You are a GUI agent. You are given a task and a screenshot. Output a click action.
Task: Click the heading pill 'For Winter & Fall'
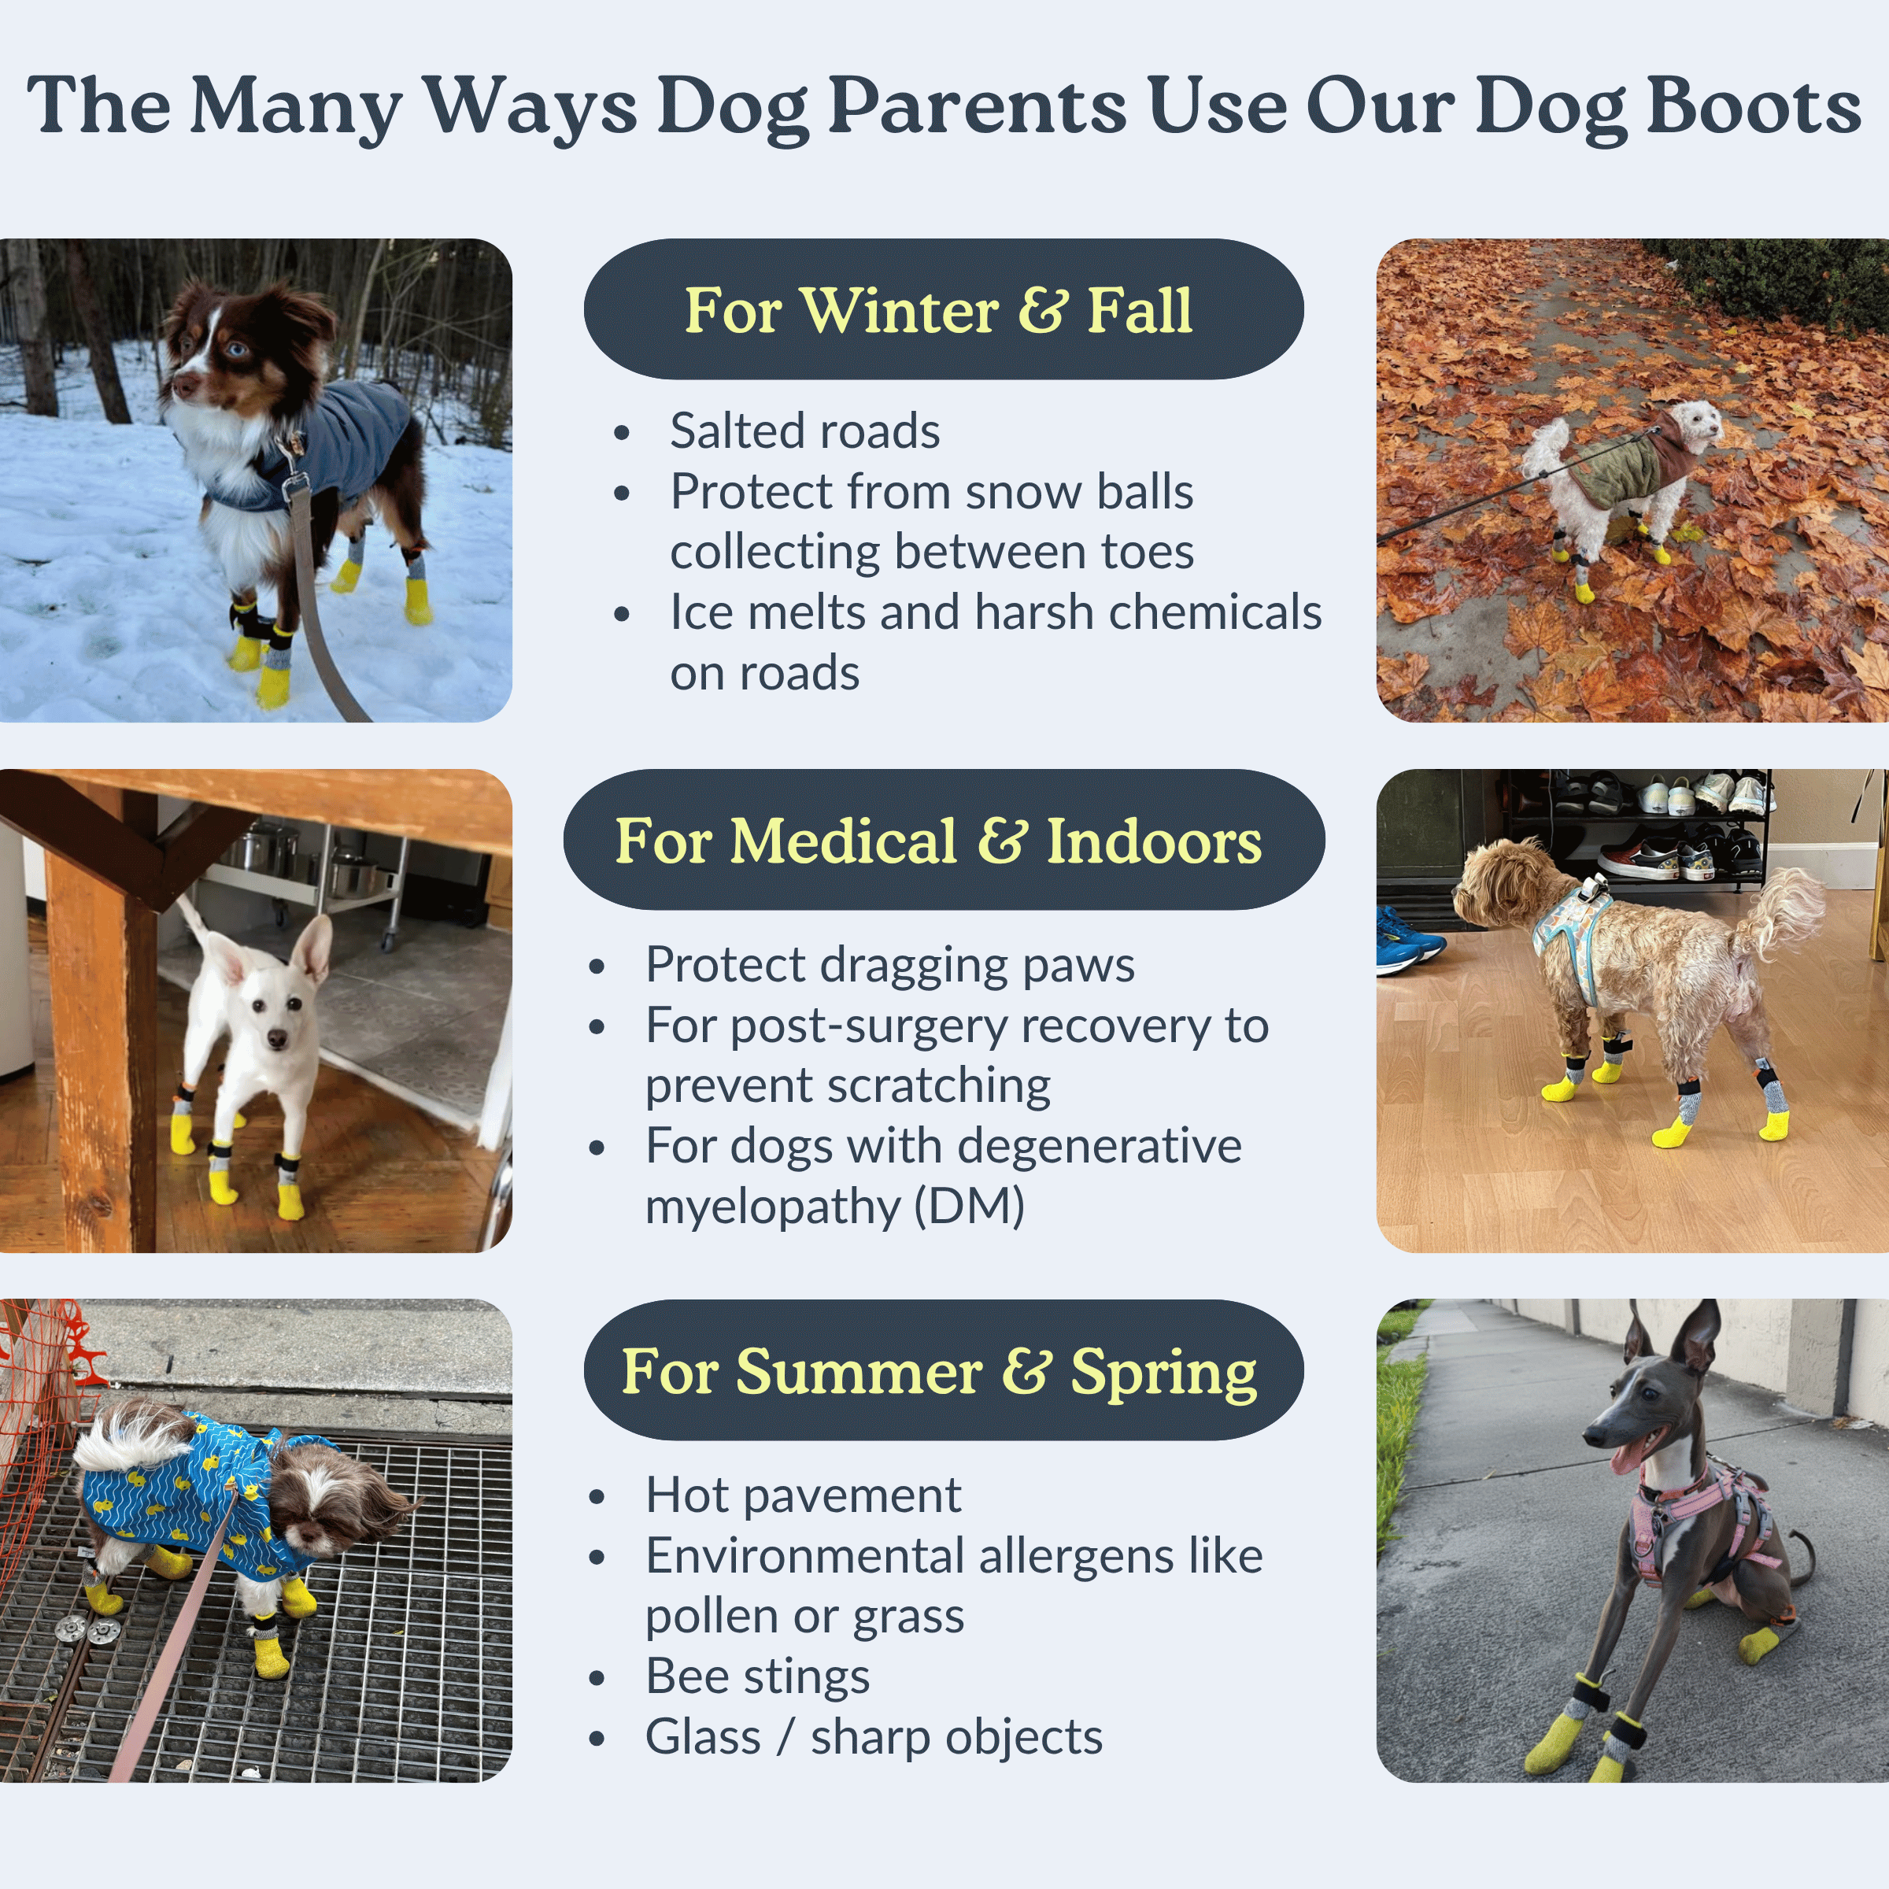(x=944, y=309)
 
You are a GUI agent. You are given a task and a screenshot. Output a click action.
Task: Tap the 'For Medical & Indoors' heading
(x=944, y=840)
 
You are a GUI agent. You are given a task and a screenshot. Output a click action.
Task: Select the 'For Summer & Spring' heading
(x=944, y=1370)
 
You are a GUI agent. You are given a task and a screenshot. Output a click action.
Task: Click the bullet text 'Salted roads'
(x=804, y=431)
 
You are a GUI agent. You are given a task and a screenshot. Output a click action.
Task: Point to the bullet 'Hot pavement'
(x=803, y=1494)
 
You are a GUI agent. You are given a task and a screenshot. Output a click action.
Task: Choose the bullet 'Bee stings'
(x=758, y=1676)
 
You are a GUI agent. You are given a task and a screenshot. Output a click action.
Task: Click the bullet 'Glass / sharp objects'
(x=874, y=1736)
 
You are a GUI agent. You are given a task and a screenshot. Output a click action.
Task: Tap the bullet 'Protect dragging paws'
(x=889, y=965)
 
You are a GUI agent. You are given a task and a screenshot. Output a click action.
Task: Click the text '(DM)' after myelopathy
(x=969, y=1207)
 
